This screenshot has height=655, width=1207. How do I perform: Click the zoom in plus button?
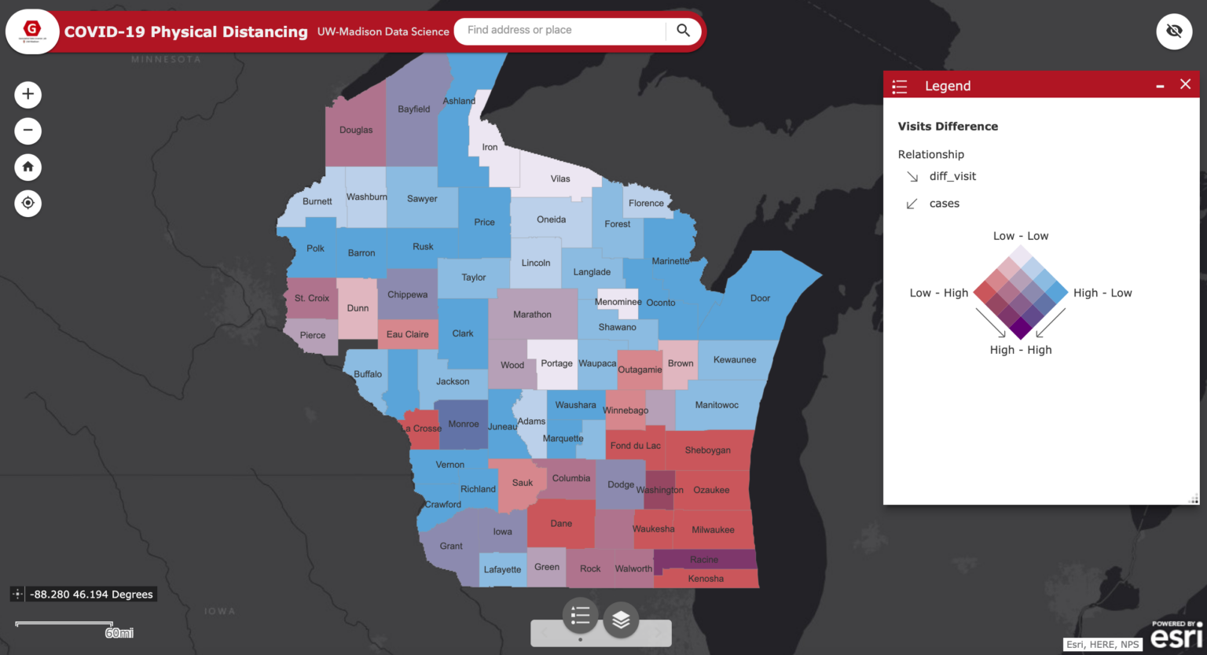click(28, 94)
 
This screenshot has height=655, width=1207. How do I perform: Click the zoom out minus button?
click(28, 131)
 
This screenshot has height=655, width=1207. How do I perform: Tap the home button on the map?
click(28, 167)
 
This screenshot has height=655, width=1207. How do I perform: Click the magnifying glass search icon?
click(683, 31)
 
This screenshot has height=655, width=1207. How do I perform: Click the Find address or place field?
click(562, 31)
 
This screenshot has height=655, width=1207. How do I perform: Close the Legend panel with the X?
click(1185, 85)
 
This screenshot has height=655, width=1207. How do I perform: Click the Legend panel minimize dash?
click(1160, 86)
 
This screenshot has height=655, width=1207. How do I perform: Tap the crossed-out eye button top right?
click(1174, 31)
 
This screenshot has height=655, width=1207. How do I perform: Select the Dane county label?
click(561, 524)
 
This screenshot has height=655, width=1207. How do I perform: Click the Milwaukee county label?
click(713, 530)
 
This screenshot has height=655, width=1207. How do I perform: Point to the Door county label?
click(760, 299)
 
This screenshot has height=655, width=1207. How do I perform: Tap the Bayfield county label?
click(413, 109)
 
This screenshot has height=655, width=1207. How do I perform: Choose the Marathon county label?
click(532, 315)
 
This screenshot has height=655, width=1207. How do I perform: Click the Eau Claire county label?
click(407, 334)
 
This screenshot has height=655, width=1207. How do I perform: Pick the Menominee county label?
click(618, 302)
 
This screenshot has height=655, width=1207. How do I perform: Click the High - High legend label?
click(1020, 350)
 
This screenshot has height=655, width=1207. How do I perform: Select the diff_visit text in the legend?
click(952, 176)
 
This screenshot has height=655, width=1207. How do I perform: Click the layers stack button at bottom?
click(621, 619)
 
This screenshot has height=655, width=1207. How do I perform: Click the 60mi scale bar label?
click(119, 633)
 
